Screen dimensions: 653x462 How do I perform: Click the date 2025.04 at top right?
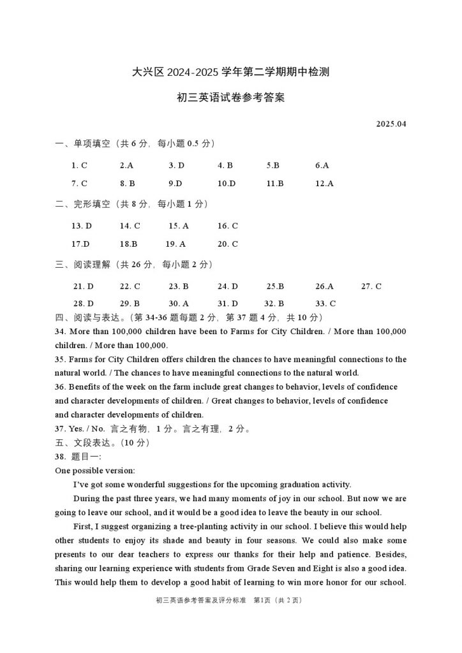pos(391,124)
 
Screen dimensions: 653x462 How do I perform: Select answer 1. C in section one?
pos(79,165)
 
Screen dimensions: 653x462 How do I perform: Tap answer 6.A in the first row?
pos(322,165)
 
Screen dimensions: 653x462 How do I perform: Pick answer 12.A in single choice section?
pos(324,184)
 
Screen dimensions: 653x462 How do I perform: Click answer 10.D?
pos(227,184)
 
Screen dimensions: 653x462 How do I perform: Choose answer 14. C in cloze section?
pos(130,226)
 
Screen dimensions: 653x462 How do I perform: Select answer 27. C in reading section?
pos(371,286)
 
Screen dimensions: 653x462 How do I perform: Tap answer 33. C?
pos(325,304)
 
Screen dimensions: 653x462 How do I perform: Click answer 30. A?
pos(179,304)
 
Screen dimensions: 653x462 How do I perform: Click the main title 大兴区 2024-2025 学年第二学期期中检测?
pos(230,73)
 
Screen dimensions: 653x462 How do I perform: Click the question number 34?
pos(61,332)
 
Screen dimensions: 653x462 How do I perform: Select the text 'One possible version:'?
pos(94,471)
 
